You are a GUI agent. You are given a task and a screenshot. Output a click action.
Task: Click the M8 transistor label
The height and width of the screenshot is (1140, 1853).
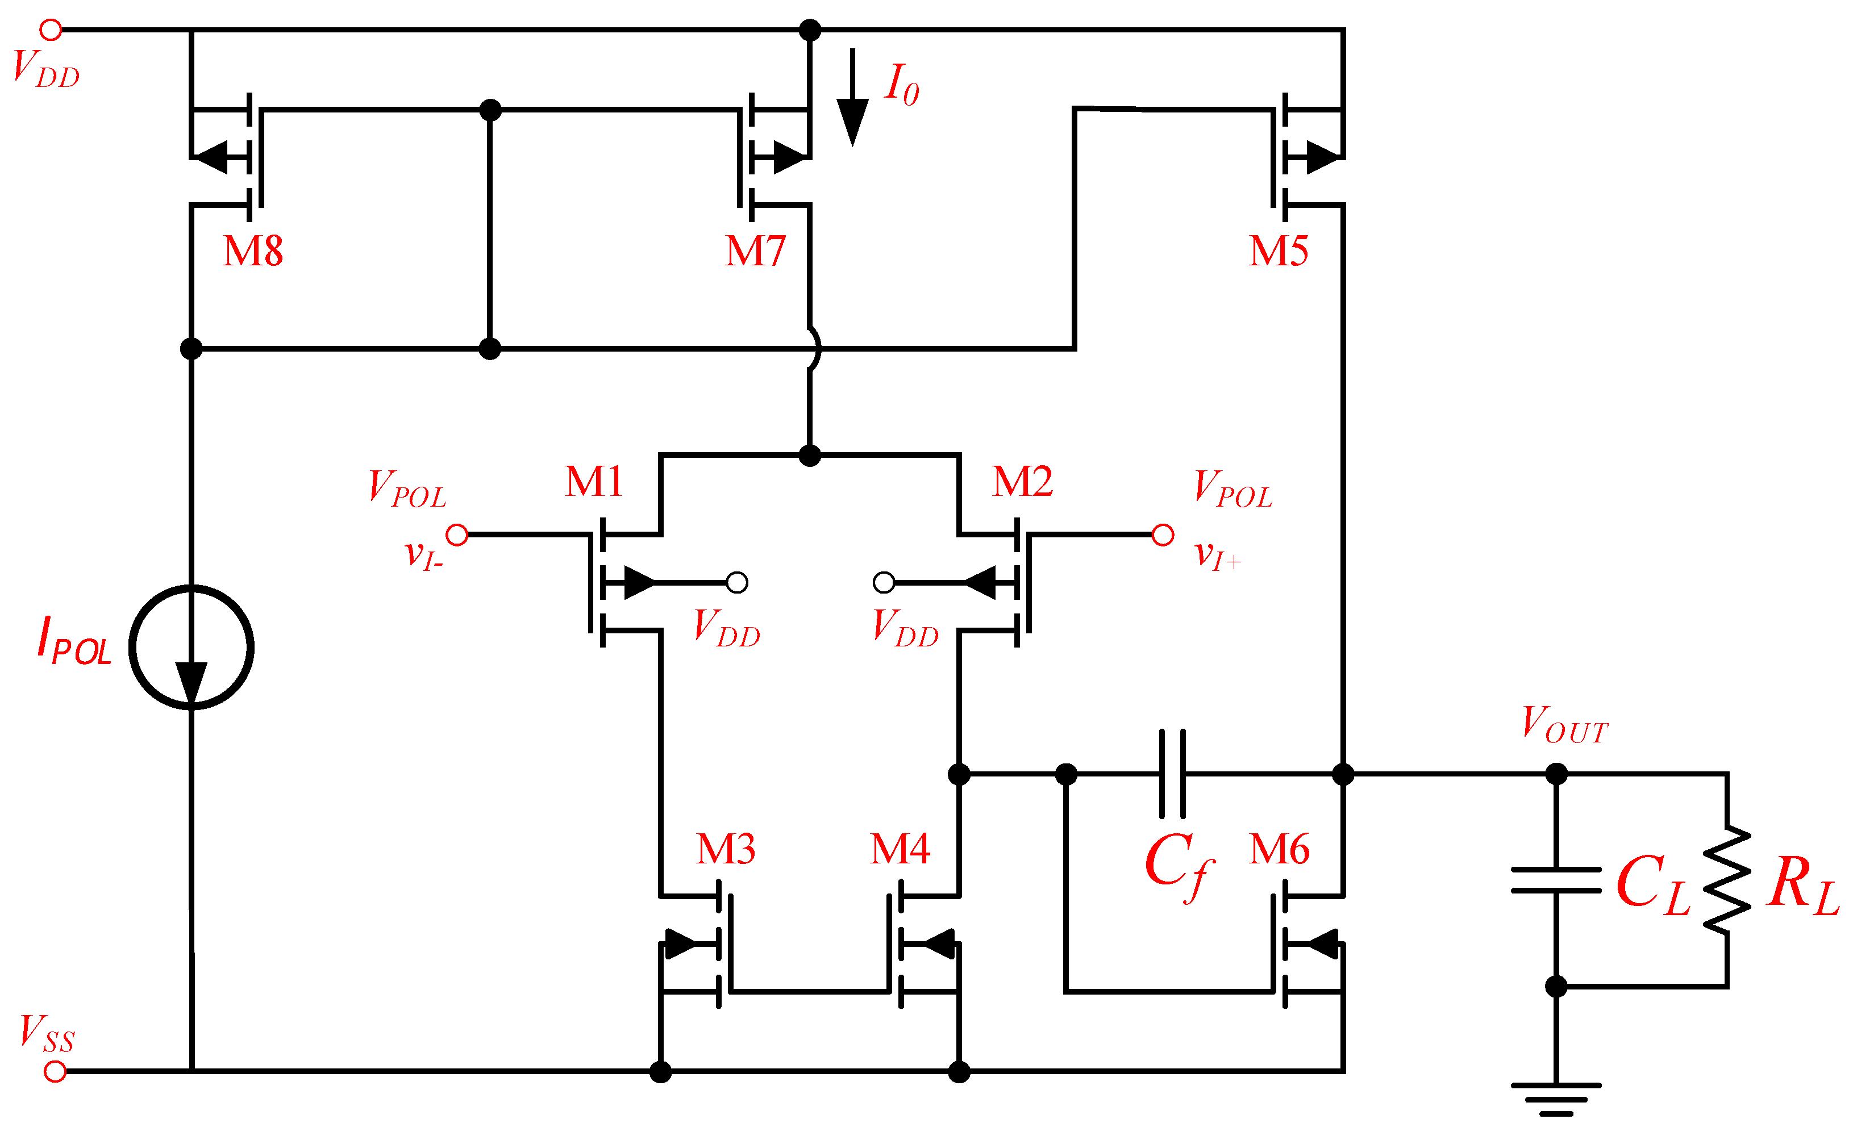click(x=253, y=251)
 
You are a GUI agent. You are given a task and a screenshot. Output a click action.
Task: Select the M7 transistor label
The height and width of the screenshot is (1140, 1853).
click(x=755, y=251)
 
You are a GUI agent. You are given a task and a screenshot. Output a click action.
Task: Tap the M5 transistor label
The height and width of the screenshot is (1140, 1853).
click(x=1279, y=251)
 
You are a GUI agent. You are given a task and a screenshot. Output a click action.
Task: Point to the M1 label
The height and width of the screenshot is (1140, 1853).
click(x=594, y=481)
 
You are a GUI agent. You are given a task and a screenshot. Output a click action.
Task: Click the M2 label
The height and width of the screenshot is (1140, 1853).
click(x=1022, y=481)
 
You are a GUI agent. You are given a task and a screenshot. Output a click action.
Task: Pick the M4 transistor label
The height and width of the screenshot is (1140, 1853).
click(x=899, y=849)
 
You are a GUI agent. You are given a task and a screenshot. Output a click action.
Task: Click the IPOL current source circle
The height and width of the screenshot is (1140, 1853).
click(x=191, y=647)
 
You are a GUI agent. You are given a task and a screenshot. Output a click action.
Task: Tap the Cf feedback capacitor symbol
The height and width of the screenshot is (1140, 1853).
click(x=1172, y=774)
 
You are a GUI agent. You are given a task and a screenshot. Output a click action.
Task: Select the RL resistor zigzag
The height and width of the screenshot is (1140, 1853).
click(x=1726, y=880)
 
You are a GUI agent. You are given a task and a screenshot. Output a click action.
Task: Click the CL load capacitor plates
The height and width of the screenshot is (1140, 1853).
click(x=1556, y=880)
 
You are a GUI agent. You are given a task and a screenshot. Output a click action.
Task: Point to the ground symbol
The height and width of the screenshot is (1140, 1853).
click(x=1556, y=1099)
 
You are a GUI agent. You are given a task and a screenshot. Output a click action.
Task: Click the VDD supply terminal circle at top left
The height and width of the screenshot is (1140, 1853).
click(x=51, y=30)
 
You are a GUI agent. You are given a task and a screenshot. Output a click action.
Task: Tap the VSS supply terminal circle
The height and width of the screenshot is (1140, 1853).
click(x=55, y=1071)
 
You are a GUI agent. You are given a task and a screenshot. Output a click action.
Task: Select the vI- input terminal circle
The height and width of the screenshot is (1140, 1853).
click(x=457, y=535)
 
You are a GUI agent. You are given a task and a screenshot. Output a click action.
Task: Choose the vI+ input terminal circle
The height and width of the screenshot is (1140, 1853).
click(x=1163, y=535)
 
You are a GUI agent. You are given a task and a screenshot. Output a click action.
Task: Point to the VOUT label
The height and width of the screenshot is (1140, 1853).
click(x=1564, y=725)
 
